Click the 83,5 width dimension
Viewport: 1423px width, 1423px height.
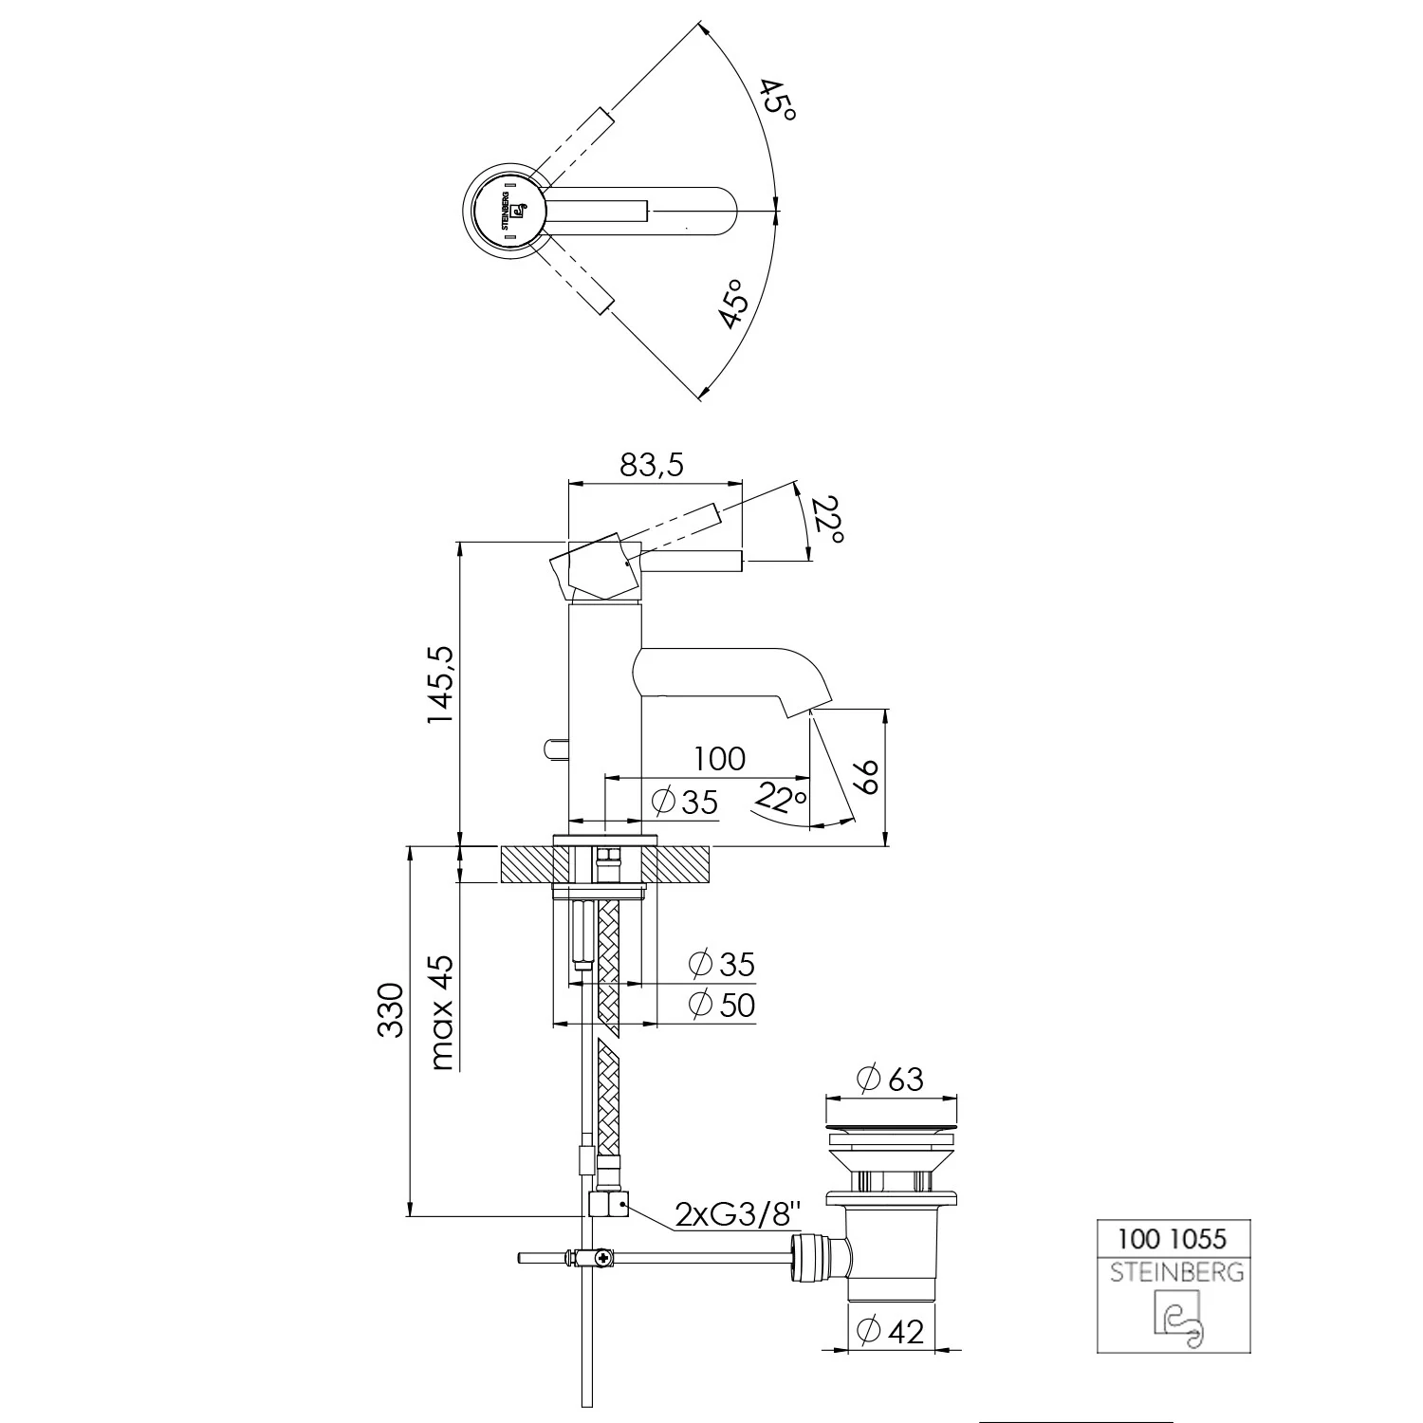pyautogui.click(x=651, y=465)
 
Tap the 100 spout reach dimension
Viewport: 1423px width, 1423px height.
pyautogui.click(x=719, y=759)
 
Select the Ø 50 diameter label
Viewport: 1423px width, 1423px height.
pyautogui.click(x=722, y=1005)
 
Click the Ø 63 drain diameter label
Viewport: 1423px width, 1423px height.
pyautogui.click(x=890, y=1079)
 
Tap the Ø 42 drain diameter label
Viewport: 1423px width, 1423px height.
pyautogui.click(x=890, y=1331)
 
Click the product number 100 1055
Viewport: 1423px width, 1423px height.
pyautogui.click(x=1172, y=1238)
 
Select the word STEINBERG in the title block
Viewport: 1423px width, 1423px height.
pyautogui.click(x=1176, y=1273)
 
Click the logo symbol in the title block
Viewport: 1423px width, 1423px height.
pyautogui.click(x=1177, y=1319)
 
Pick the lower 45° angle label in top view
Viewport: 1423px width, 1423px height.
pyautogui.click(x=735, y=304)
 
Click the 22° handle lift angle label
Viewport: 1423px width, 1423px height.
pyautogui.click(x=827, y=521)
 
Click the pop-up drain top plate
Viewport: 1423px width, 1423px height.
pyautogui.click(x=890, y=1129)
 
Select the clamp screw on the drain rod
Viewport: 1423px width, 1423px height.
pyautogui.click(x=601, y=1259)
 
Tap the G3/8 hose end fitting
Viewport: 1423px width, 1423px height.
pyautogui.click(x=609, y=1205)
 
